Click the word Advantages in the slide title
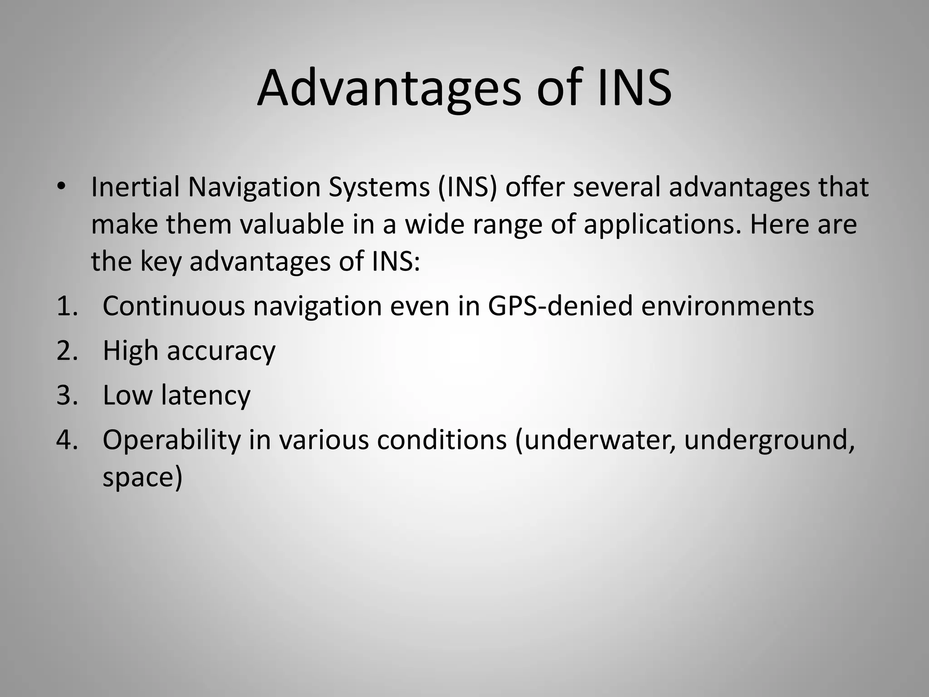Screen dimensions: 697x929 coord(389,88)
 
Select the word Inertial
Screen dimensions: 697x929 coord(136,187)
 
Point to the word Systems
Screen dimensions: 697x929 coord(379,187)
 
